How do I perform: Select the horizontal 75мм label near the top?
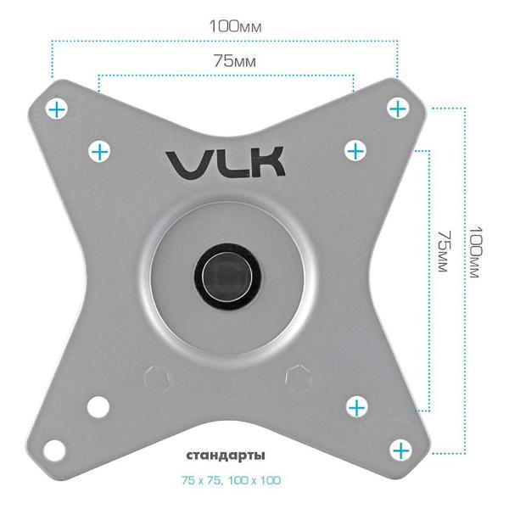click(226, 62)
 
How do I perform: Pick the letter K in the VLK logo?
click(266, 163)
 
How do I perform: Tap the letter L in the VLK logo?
click(225, 163)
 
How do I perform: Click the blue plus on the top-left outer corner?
click(58, 109)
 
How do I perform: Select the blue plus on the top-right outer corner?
click(398, 108)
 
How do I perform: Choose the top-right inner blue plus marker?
click(355, 151)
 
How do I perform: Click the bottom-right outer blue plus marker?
click(400, 449)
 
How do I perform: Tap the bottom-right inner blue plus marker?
click(357, 407)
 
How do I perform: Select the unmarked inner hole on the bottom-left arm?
click(99, 406)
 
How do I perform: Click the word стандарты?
click(226, 456)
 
